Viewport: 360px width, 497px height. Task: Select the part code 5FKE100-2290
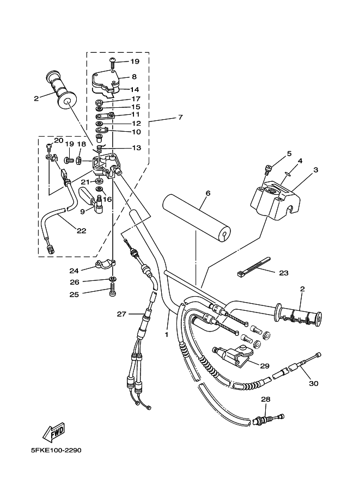[57, 450]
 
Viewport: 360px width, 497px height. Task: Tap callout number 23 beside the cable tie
[284, 273]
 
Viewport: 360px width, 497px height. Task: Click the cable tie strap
[253, 266]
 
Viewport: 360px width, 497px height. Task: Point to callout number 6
[208, 193]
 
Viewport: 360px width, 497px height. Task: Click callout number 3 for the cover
[315, 170]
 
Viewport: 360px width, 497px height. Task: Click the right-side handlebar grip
[298, 316]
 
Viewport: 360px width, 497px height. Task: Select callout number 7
[180, 117]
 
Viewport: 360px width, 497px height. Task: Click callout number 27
[121, 314]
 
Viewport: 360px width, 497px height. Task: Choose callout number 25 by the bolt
[74, 294]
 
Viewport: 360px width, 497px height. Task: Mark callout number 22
[82, 231]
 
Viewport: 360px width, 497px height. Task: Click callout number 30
[314, 384]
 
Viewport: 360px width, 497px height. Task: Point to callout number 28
[266, 400]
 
